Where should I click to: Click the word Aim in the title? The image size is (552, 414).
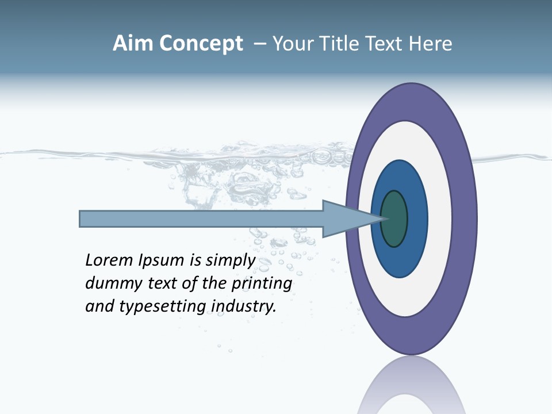click(x=133, y=44)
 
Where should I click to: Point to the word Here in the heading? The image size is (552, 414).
click(x=431, y=44)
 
